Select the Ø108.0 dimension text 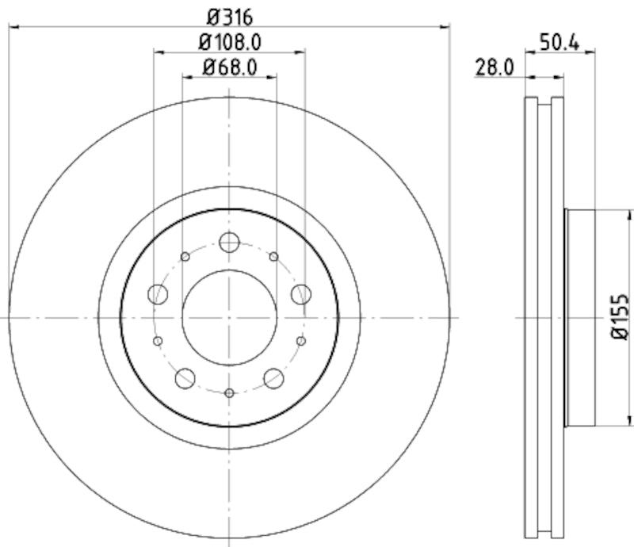pyautogui.click(x=229, y=40)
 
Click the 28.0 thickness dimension pyautogui.click(x=495, y=67)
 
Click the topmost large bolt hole pyautogui.click(x=229, y=243)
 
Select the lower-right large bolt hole pyautogui.click(x=274, y=378)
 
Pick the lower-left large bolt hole pyautogui.click(x=185, y=378)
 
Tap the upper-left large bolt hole pyautogui.click(x=158, y=294)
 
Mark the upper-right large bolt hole pyautogui.click(x=300, y=294)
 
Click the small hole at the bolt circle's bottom pyautogui.click(x=229, y=393)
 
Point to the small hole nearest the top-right pyautogui.click(x=273, y=256)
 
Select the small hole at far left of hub pyautogui.click(x=157, y=341)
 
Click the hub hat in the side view pyautogui.click(x=580, y=317)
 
